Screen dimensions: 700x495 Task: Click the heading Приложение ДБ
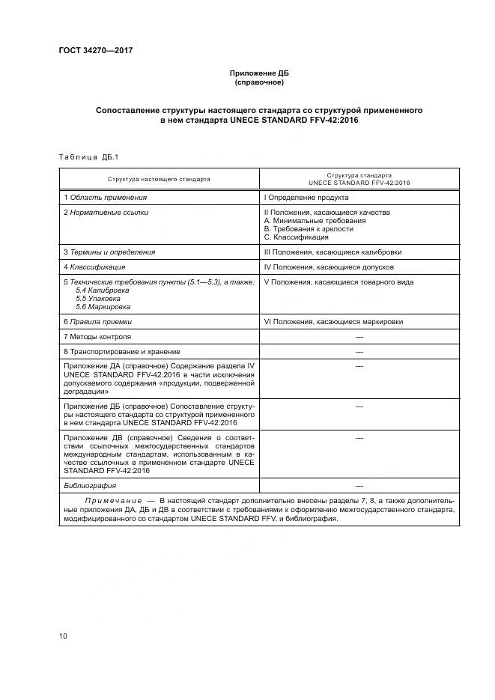pyautogui.click(x=258, y=73)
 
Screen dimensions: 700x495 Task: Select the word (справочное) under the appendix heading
pyautogui.click(x=258, y=82)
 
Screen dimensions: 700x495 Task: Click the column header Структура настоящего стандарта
pyautogui.click(x=159, y=179)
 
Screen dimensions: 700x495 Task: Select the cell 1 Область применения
pyautogui.click(x=105, y=198)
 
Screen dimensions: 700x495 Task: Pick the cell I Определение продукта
pyautogui.click(x=306, y=198)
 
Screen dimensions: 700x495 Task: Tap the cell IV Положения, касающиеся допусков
pyautogui.click(x=330, y=267)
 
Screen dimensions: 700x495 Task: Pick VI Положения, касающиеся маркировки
pyautogui.click(x=333, y=321)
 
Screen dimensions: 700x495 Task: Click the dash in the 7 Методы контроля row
pyautogui.click(x=359, y=336)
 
